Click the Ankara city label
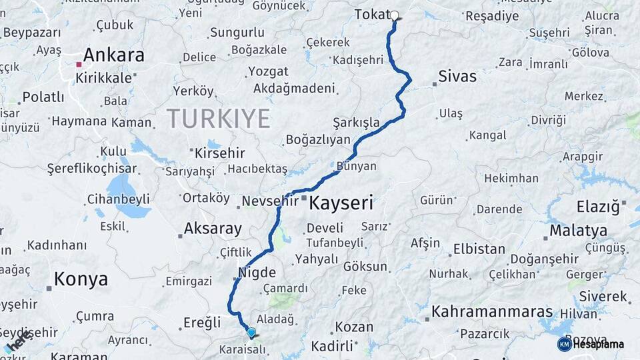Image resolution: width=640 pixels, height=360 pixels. [113, 55]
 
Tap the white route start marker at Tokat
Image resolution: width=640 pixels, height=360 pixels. [394, 15]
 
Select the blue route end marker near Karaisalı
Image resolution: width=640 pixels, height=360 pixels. [251, 332]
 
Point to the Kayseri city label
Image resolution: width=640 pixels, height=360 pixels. [341, 203]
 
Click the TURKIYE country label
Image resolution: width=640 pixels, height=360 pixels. [219, 119]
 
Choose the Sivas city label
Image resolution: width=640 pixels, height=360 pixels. [457, 77]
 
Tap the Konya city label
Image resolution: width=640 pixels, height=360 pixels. [81, 279]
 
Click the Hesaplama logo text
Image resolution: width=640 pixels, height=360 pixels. [598, 344]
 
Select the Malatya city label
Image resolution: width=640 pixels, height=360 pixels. [578, 231]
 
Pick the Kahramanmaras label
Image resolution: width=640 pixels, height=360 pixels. [492, 312]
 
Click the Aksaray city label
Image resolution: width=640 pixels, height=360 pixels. [213, 229]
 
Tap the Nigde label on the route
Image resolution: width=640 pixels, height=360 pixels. [257, 272]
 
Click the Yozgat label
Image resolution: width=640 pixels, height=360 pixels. [268, 71]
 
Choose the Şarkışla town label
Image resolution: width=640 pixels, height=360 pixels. [356, 123]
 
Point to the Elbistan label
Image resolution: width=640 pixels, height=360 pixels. [479, 249]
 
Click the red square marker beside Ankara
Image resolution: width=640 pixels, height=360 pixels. [79, 65]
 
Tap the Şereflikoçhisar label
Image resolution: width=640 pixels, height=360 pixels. [91, 169]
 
